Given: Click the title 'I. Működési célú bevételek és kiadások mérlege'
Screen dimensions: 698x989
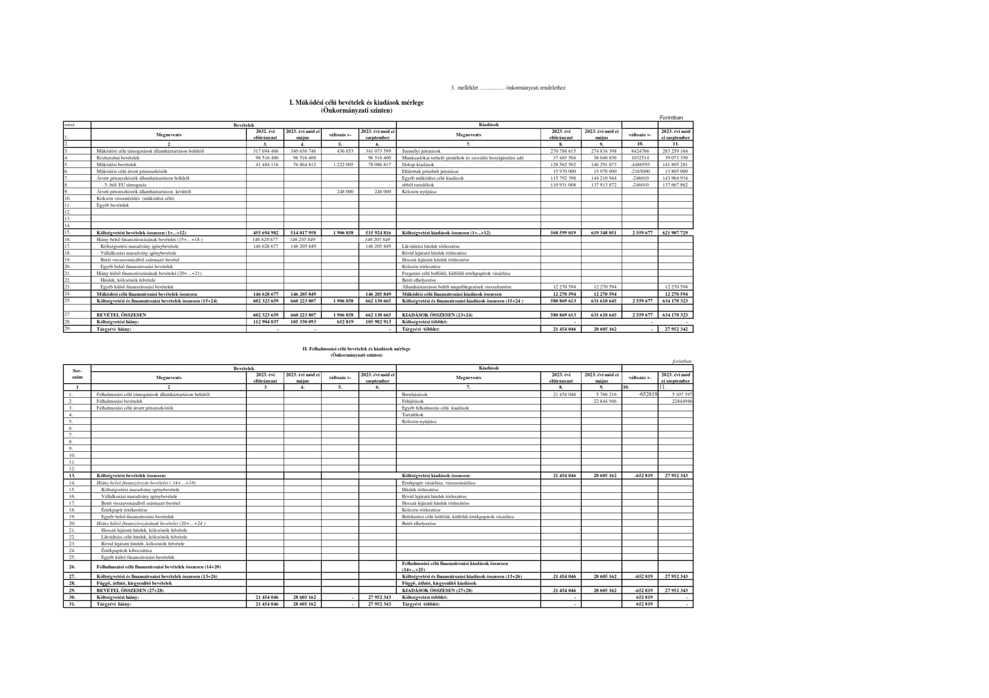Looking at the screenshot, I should pos(356,103).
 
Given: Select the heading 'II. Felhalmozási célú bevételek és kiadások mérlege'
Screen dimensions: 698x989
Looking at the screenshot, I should pos(356,349).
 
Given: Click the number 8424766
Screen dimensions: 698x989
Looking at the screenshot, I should pos(639,151).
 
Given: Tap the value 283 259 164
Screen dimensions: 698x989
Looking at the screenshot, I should pos(676,151).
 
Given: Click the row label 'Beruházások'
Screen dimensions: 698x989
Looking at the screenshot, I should pos(415,394).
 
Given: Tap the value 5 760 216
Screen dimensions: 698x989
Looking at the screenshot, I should pos(604,394).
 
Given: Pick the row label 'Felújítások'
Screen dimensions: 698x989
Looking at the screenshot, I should pos(413,401).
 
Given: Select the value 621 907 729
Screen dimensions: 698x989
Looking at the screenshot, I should pos(676,233).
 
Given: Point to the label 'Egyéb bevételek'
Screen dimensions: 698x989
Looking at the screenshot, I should pos(113,205).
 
